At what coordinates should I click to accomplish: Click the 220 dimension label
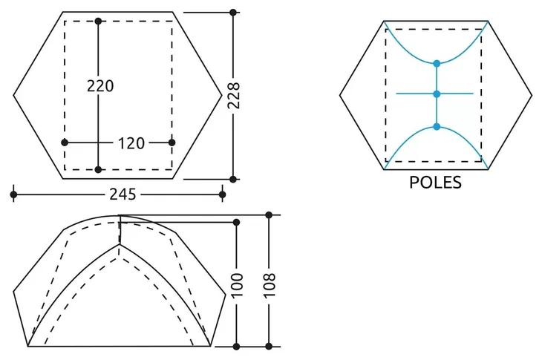tap(100, 85)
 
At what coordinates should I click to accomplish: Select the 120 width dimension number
tap(131, 143)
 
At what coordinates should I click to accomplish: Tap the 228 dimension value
tap(234, 96)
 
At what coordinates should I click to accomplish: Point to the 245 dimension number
tap(123, 194)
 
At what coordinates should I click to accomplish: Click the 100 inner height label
tap(237, 285)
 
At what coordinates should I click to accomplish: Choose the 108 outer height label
tap(270, 285)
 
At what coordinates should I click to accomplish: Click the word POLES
tap(435, 183)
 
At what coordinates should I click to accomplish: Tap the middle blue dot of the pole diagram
tap(437, 94)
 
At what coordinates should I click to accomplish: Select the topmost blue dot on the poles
tap(437, 64)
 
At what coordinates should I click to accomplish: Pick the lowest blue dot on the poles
tap(437, 127)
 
